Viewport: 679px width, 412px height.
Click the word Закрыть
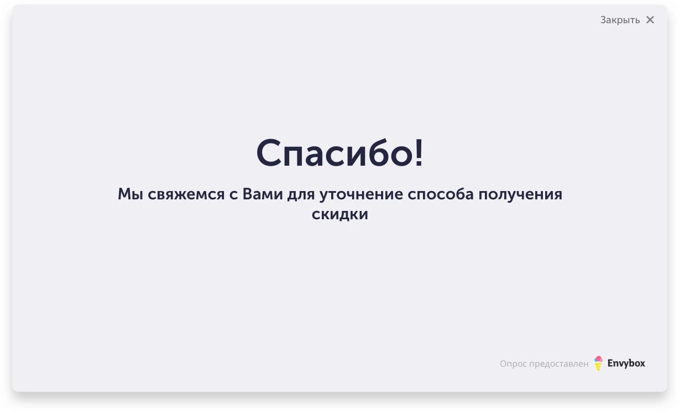620,20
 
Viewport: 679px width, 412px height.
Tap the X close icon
650,20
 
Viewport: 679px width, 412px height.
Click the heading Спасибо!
339,152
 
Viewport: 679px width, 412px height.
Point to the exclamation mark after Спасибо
419,152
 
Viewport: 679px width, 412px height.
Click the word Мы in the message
130,194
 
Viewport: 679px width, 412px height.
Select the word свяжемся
186,194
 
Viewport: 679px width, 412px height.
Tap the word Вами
263,194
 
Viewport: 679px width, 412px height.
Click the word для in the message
301,196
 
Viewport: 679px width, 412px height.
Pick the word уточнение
361,196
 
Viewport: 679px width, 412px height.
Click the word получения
520,196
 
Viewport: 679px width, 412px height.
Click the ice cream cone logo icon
598,363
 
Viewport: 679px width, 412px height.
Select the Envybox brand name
626,363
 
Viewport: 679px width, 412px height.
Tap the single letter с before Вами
233,196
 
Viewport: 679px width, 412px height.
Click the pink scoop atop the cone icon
599,359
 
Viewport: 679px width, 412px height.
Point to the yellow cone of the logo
598,367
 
